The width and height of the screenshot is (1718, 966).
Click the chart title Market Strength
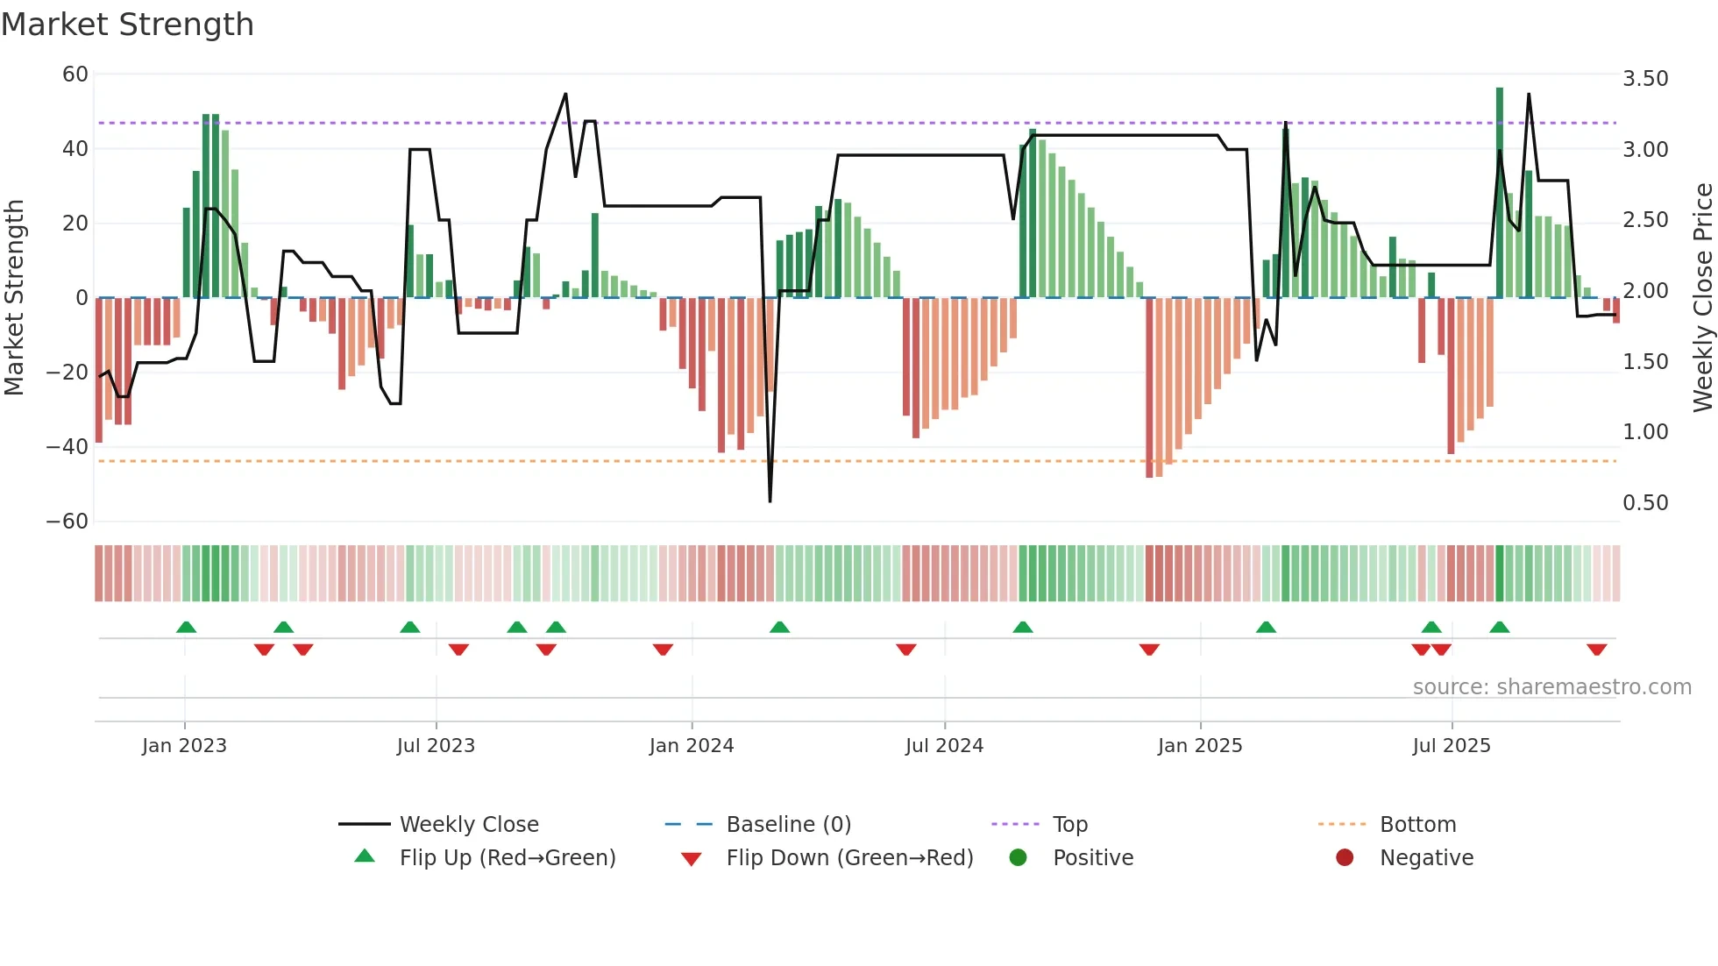[127, 25]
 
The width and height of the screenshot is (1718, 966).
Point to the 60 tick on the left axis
[75, 75]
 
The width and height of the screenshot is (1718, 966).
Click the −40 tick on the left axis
[67, 447]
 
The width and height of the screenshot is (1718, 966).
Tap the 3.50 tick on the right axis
[1645, 79]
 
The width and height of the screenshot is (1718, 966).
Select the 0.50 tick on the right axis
[1645, 503]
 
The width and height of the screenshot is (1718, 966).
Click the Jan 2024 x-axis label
[691, 746]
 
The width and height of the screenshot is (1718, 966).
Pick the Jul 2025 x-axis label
[1451, 746]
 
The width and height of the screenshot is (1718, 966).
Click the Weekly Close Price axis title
[1702, 298]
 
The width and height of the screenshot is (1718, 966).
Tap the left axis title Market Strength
[14, 298]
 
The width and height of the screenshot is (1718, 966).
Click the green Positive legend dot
[1018, 858]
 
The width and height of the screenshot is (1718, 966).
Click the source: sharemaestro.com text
[1551, 687]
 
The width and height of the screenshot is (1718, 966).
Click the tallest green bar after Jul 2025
[1500, 193]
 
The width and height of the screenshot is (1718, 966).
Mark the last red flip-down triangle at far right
[1596, 650]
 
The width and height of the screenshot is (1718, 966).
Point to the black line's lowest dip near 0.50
[770, 501]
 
